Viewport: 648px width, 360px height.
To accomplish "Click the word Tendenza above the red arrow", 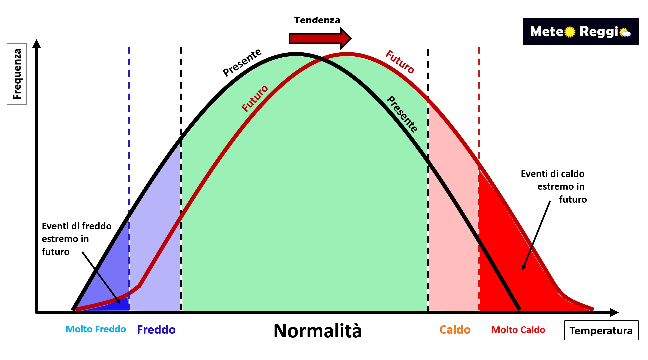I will (x=317, y=20).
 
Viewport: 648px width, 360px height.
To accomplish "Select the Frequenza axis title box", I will (x=17, y=74).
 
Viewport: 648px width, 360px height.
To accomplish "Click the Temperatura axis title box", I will (x=601, y=330).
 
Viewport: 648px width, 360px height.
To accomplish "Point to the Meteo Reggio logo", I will (x=580, y=31).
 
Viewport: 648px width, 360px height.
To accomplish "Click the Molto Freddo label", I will (x=96, y=329).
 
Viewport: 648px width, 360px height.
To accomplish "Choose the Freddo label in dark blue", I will (x=156, y=330).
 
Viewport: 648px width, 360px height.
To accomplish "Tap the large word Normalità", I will (x=317, y=331).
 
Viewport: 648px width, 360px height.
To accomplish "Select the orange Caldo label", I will (x=455, y=330).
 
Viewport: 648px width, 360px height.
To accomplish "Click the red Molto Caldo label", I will (x=518, y=330).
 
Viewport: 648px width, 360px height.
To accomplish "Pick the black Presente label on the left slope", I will (x=242, y=62).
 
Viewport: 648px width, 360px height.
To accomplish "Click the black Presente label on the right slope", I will (x=402, y=114).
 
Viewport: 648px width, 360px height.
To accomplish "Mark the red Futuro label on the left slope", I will (x=255, y=98).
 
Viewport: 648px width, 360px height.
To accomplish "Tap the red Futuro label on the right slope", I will (x=400, y=62).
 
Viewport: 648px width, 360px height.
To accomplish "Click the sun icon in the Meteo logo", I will (x=570, y=32).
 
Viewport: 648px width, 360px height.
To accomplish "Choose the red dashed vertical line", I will (x=479, y=100).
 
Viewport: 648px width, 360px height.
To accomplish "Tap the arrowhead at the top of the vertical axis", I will (x=37, y=44).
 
